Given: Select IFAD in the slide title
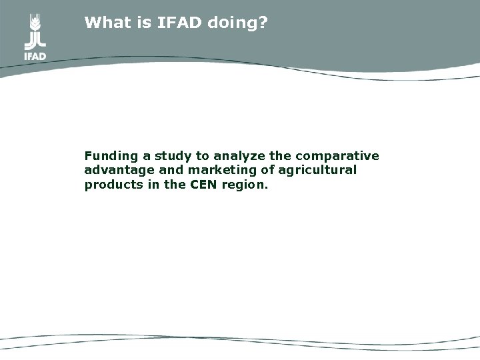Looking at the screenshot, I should pos(177,23).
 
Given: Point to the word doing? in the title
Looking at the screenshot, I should pos(237,23).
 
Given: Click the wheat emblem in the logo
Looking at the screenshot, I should pos(35,29).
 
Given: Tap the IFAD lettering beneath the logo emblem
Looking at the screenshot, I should pos(35,56).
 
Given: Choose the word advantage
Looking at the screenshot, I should pos(115,171).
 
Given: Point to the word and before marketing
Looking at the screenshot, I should pos(161,171).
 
